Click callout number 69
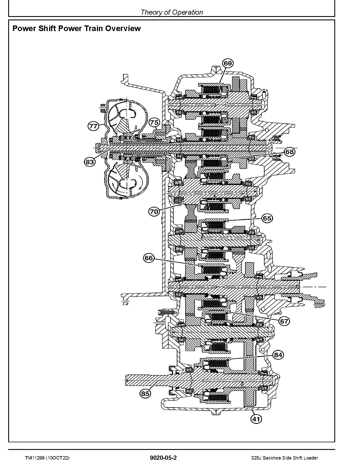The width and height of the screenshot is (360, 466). [x=228, y=63]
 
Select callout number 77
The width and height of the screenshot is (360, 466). [x=93, y=126]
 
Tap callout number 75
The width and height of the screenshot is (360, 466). [x=154, y=122]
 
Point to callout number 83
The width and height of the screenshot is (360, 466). [x=90, y=162]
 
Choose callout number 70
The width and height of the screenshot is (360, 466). [x=154, y=212]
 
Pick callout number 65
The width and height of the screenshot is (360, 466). [x=267, y=218]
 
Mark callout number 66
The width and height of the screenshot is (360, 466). [x=149, y=258]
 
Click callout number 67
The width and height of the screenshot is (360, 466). [x=284, y=321]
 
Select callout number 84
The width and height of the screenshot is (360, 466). [x=278, y=355]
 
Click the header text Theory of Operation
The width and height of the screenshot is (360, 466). [x=171, y=12]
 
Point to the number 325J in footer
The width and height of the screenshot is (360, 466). [x=256, y=458]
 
